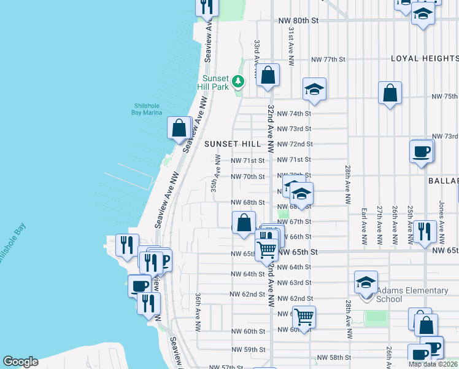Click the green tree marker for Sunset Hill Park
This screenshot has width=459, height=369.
[237, 81]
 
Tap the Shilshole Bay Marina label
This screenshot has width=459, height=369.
[147, 109]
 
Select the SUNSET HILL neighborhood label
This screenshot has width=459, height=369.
[228, 143]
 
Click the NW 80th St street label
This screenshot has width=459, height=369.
[299, 20]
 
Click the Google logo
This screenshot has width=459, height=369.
[20, 362]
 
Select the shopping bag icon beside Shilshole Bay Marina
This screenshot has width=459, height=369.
[179, 129]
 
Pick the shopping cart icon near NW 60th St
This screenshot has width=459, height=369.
[304, 317]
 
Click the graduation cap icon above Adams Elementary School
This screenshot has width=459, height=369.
[366, 282]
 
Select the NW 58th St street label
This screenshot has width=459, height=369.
[333, 357]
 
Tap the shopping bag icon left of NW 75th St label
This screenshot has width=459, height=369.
[390, 94]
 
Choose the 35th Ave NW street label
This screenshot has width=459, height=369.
[216, 174]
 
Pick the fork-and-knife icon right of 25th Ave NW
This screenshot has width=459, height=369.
[425, 232]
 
